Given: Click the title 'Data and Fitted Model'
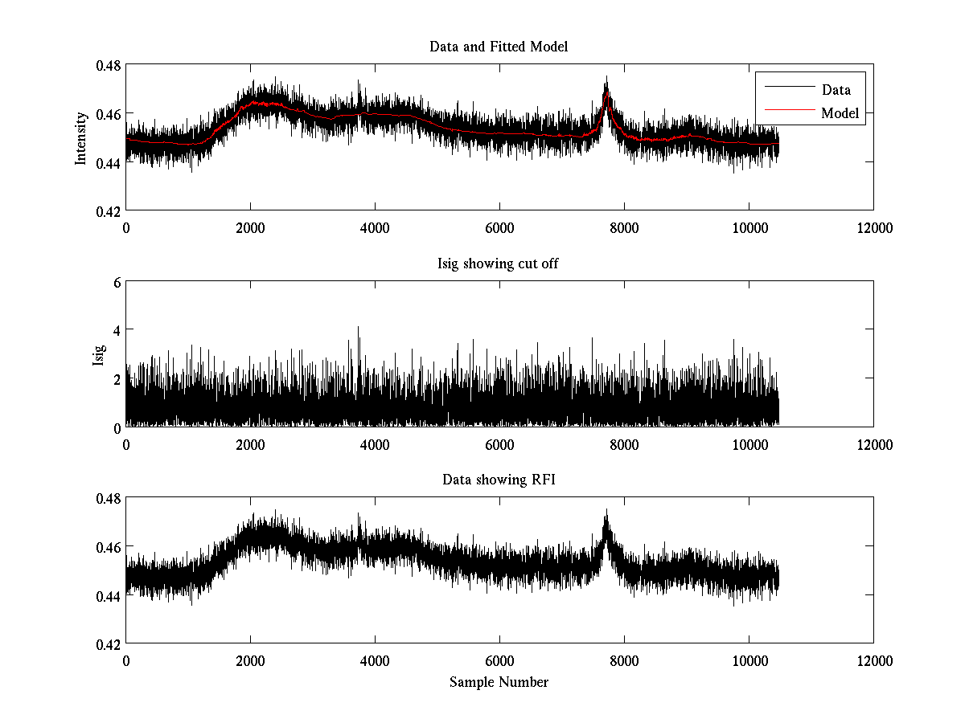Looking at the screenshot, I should point(499,47).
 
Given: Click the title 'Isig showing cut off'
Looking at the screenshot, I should point(499,263).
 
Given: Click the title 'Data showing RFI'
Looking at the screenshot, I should point(499,480).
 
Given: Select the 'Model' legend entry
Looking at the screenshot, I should point(840,113).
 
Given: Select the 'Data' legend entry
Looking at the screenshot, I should point(836,89).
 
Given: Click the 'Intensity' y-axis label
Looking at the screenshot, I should point(80,137).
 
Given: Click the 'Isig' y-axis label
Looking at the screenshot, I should point(98,354).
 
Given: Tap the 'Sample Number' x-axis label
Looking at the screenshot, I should point(499,682).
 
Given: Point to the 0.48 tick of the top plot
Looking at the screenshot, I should point(109,65).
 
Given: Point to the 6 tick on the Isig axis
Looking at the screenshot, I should point(117,282).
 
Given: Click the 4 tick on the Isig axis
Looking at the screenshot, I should point(117,330).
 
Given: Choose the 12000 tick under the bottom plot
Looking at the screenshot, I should point(873,660).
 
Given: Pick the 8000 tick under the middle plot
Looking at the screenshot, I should point(624,443).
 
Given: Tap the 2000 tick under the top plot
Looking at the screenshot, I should point(250,227).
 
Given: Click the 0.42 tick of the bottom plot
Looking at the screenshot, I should point(109,644).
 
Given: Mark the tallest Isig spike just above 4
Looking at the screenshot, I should point(358,327).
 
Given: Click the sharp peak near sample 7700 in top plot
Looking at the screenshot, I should point(606,78).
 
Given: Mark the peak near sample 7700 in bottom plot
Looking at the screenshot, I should point(606,511).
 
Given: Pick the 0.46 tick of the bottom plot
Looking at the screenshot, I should point(109,547).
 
